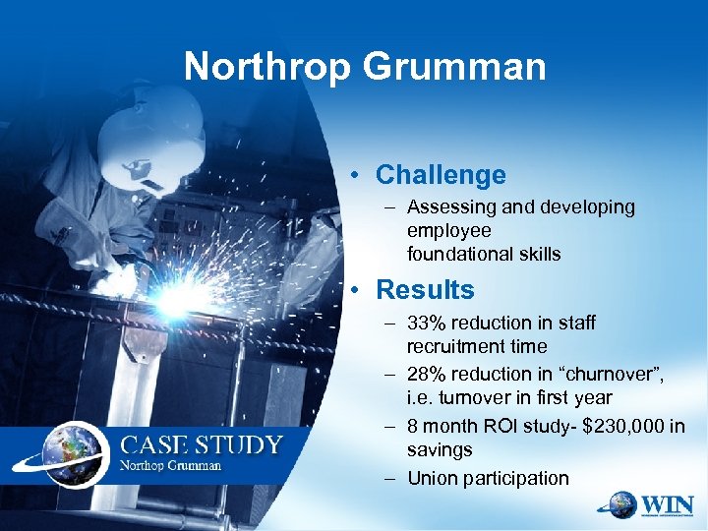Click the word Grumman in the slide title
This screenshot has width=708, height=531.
[x=455, y=67]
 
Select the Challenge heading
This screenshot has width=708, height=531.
[x=441, y=175]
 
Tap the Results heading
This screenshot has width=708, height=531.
[x=425, y=290]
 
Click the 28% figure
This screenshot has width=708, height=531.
[x=427, y=375]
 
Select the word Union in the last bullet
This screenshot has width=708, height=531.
[x=430, y=478]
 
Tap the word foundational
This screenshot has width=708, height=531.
[x=452, y=254]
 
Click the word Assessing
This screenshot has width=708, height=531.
[x=448, y=207]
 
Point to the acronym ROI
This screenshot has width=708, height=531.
[x=498, y=426]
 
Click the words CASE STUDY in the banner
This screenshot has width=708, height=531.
[x=201, y=443]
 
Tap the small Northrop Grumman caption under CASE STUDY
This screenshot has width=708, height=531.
[x=172, y=465]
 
